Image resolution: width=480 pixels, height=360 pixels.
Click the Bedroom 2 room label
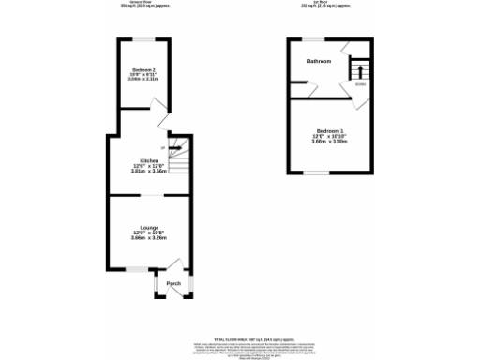coord(143,70)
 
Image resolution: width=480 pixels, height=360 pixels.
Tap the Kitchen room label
coord(148,161)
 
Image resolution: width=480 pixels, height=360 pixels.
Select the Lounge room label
coord(149,228)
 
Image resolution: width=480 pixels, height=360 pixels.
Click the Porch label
coord(172,283)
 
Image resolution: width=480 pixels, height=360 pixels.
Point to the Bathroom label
coord(320,61)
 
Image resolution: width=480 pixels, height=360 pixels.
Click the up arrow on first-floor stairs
coord(355,70)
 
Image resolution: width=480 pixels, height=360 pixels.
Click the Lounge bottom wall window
coord(138,270)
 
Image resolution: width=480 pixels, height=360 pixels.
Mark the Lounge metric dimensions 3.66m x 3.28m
coord(149,239)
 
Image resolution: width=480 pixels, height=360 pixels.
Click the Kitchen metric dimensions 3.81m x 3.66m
coord(148,172)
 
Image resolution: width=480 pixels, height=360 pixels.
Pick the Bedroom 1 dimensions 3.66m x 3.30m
coord(330,142)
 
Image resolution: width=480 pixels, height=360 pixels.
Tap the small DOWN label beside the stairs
coord(359,84)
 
